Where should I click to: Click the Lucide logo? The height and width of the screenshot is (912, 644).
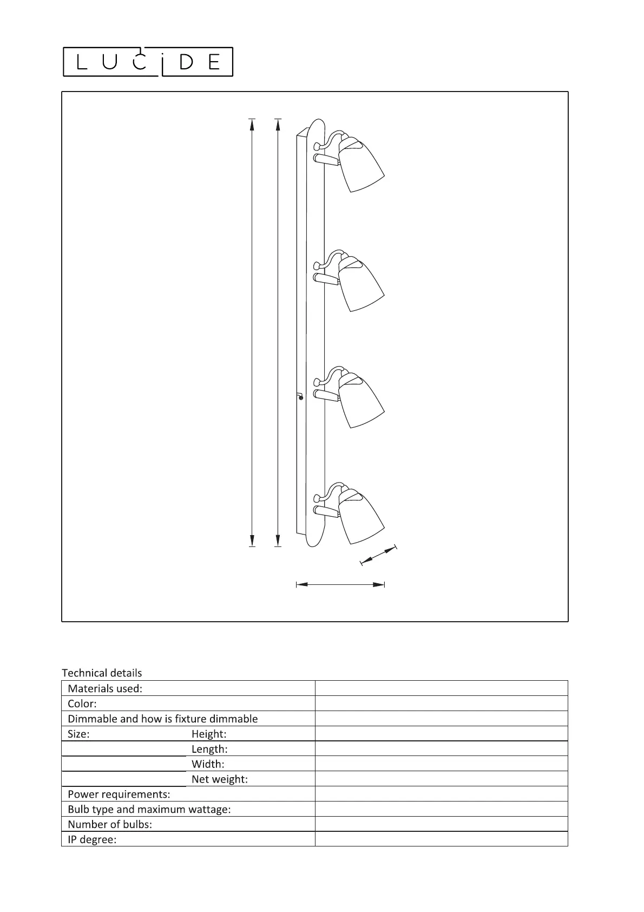148,62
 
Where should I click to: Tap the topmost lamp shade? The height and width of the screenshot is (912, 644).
360,165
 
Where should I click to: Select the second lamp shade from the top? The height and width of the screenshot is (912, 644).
360,284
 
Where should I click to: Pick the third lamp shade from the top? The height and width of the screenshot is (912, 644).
360,401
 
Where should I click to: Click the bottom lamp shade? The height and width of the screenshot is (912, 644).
360,517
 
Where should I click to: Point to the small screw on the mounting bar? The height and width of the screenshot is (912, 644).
301,398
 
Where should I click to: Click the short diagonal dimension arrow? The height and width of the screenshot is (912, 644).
378,556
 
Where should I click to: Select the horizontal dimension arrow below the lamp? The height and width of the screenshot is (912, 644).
340,584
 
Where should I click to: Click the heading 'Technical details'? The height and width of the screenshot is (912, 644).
102,673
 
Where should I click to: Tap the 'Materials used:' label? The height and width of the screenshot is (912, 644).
105,688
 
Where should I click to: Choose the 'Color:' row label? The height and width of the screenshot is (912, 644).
82,703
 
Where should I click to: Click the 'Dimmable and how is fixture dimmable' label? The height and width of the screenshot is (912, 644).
162,719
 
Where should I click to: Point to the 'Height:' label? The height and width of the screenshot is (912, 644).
209,734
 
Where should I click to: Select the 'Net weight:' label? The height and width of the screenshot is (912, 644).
219,779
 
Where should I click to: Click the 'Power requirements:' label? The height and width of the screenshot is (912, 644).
119,794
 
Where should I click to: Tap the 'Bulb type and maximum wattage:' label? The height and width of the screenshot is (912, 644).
149,810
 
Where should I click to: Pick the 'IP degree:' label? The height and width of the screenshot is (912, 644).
92,840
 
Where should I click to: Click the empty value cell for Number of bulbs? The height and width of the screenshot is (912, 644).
441,824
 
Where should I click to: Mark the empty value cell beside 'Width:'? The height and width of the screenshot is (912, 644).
441,764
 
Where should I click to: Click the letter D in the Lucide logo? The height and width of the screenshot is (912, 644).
186,62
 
